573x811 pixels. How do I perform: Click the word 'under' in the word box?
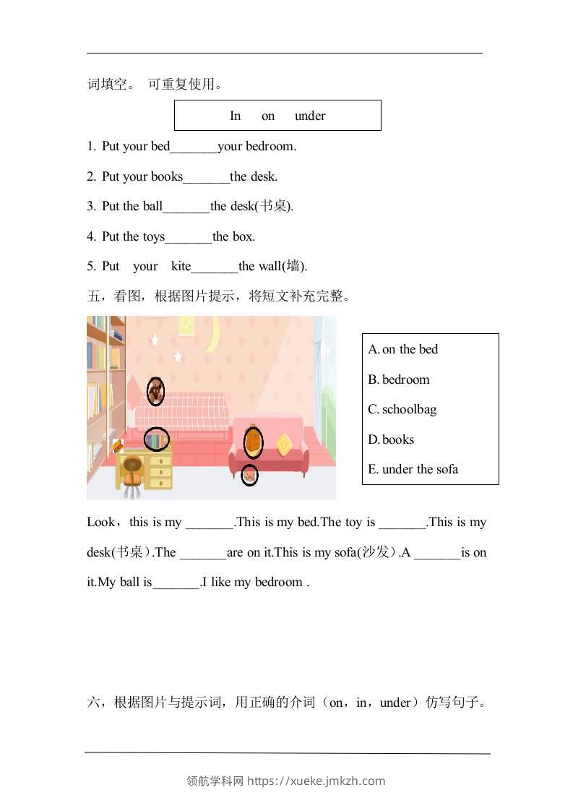(310, 116)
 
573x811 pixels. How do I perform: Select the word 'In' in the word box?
(235, 116)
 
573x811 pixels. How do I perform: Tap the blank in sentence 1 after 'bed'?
(194, 147)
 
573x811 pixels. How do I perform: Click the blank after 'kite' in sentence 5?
(215, 267)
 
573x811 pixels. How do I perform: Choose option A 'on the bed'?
(403, 349)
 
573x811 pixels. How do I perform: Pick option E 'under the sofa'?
(413, 469)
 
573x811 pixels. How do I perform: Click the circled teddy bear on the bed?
(155, 391)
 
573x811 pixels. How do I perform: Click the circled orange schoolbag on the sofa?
(252, 442)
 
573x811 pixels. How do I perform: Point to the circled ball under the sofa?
(249, 475)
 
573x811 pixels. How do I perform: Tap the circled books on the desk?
(156, 439)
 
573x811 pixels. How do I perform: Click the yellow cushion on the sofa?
(285, 442)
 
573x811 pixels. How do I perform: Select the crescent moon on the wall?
(213, 336)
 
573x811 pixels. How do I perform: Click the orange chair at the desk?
(132, 473)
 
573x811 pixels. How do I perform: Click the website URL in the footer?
(316, 781)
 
